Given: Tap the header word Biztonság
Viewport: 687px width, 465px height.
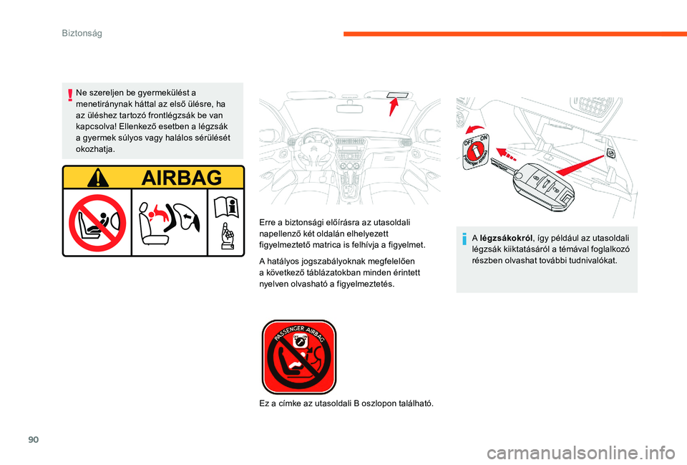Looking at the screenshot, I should click(82, 33).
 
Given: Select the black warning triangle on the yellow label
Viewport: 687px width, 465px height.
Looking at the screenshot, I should click(97, 177).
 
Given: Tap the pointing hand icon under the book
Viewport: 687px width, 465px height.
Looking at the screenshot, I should click(227, 236).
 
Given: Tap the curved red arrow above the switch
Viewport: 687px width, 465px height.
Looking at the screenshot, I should click(473, 128).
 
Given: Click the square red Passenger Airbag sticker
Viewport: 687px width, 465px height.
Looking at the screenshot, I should click(298, 357).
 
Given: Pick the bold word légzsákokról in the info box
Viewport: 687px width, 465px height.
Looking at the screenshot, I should click(507, 237).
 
